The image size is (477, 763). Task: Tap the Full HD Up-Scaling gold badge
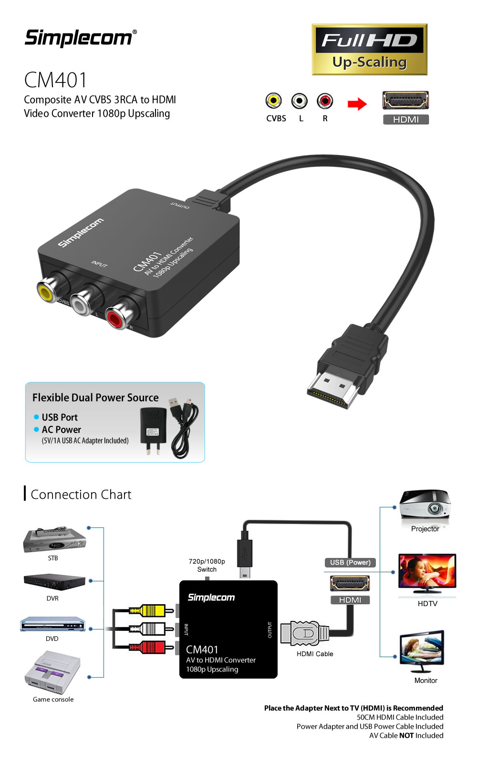coord(369,50)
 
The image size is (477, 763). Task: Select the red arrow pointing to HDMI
coord(357,104)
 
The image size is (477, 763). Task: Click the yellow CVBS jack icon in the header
coord(273,101)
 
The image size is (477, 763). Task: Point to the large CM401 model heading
coord(56,80)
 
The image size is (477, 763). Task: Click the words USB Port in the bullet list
coord(60,417)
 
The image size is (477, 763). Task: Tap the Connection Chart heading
coord(81,495)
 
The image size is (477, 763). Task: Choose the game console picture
coord(52,672)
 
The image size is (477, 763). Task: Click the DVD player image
coord(52,624)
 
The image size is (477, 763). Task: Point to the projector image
coord(425,505)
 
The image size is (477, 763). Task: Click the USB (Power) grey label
coord(350,562)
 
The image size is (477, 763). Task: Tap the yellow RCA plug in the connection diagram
coord(151,610)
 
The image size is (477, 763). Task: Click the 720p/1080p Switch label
coord(207,565)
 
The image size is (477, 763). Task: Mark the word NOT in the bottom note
coord(406,735)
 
